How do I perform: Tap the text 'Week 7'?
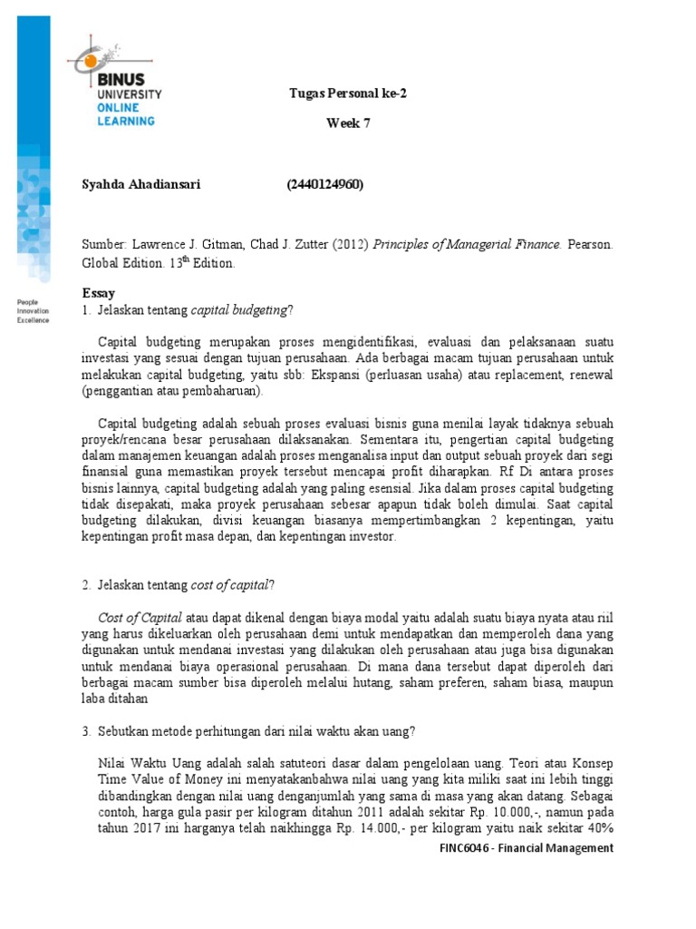click(x=349, y=124)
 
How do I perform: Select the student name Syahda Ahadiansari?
click(x=141, y=185)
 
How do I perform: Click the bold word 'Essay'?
click(x=99, y=294)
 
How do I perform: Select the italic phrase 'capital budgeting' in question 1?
click(x=238, y=310)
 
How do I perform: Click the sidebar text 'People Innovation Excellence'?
click(x=35, y=311)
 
